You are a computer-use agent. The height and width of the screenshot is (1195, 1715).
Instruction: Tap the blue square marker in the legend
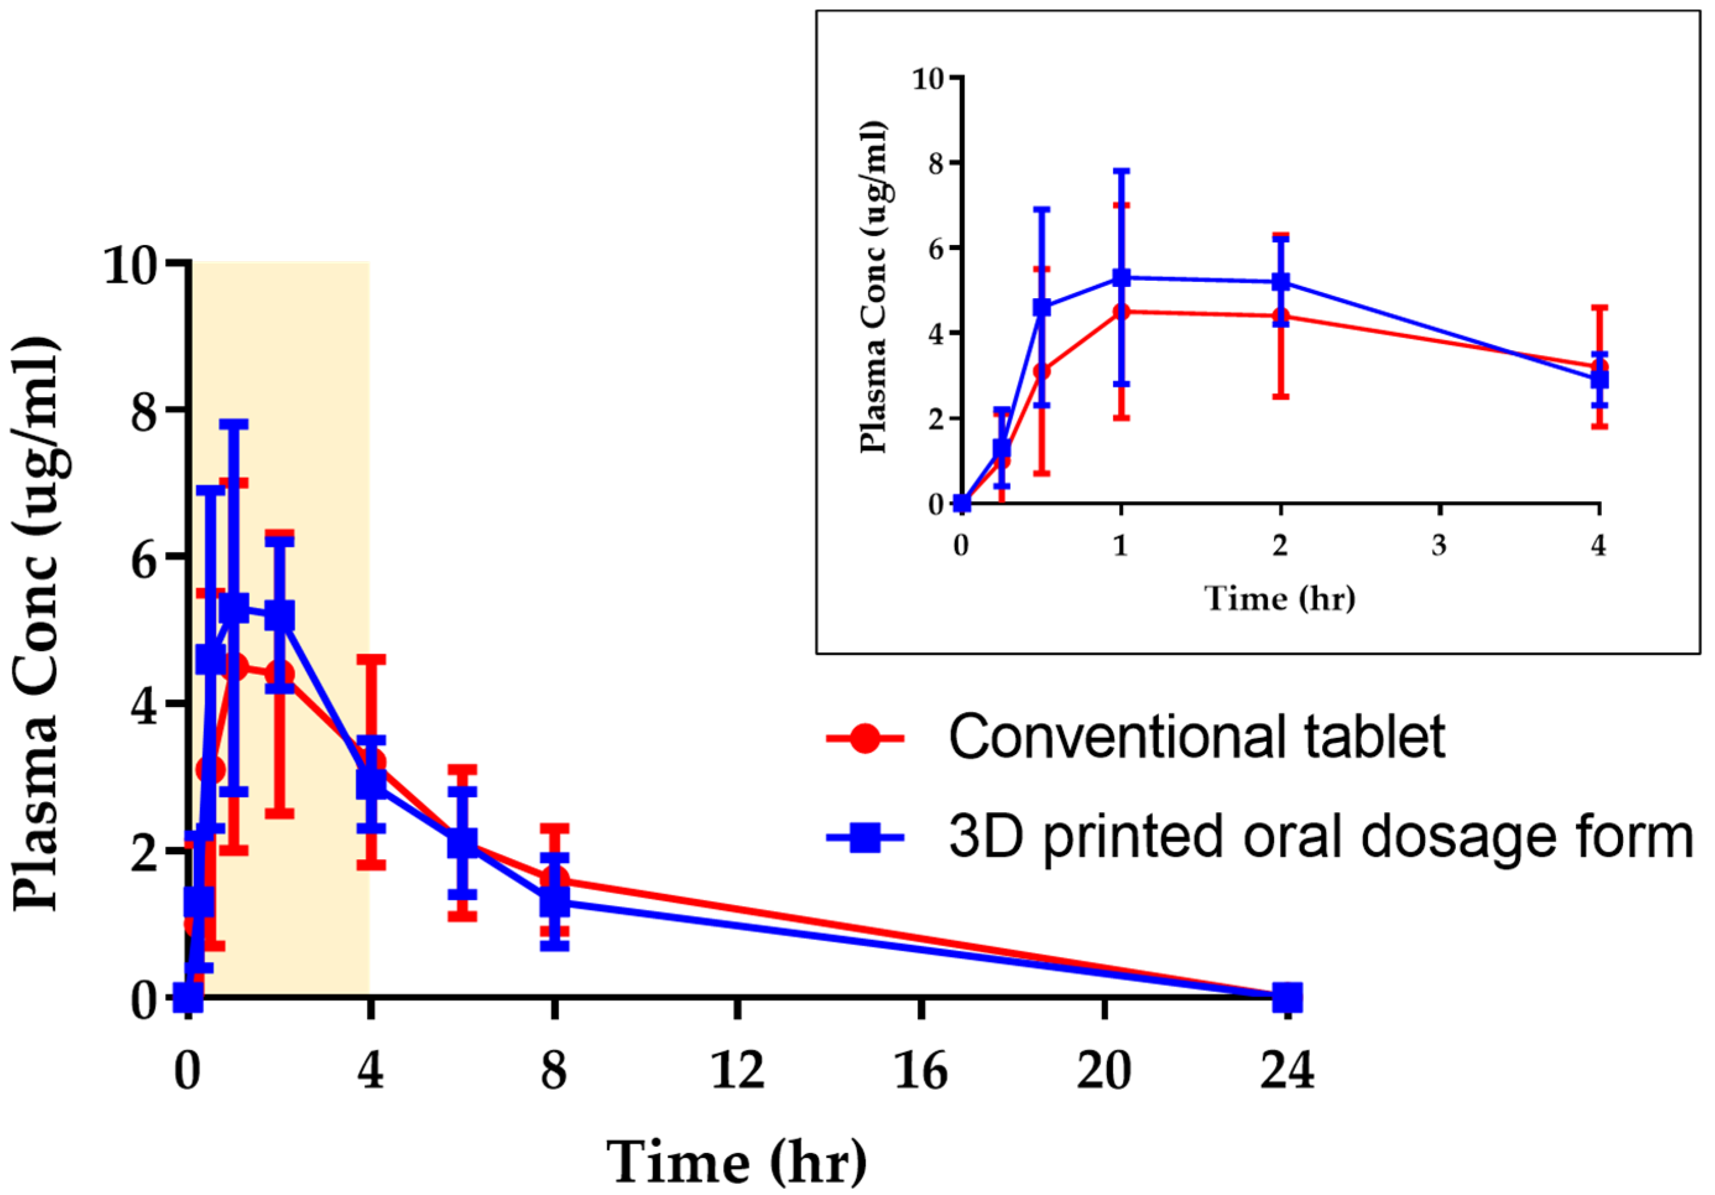[864, 838]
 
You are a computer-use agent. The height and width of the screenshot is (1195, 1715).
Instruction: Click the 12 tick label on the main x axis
[737, 1070]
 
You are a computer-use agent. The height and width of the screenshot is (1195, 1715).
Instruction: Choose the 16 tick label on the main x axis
[920, 1070]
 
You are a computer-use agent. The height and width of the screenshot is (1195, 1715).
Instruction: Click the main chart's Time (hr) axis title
[737, 1162]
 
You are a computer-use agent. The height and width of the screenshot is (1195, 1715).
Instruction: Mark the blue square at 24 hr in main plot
[1287, 996]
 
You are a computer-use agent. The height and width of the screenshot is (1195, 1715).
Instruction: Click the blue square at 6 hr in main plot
[463, 842]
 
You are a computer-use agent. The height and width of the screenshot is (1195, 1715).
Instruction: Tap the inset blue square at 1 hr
[1121, 278]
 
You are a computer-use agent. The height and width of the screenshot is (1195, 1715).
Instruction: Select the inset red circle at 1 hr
[1121, 312]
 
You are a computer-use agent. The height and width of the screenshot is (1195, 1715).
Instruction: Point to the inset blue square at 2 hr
[1280, 281]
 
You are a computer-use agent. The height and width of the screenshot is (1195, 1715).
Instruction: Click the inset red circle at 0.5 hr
[1042, 371]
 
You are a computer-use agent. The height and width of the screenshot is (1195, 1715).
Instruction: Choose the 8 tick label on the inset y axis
[935, 163]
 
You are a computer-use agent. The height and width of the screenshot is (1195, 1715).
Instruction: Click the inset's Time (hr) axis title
[1280, 598]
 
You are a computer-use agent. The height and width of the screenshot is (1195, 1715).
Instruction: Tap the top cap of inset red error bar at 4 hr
[1599, 307]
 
